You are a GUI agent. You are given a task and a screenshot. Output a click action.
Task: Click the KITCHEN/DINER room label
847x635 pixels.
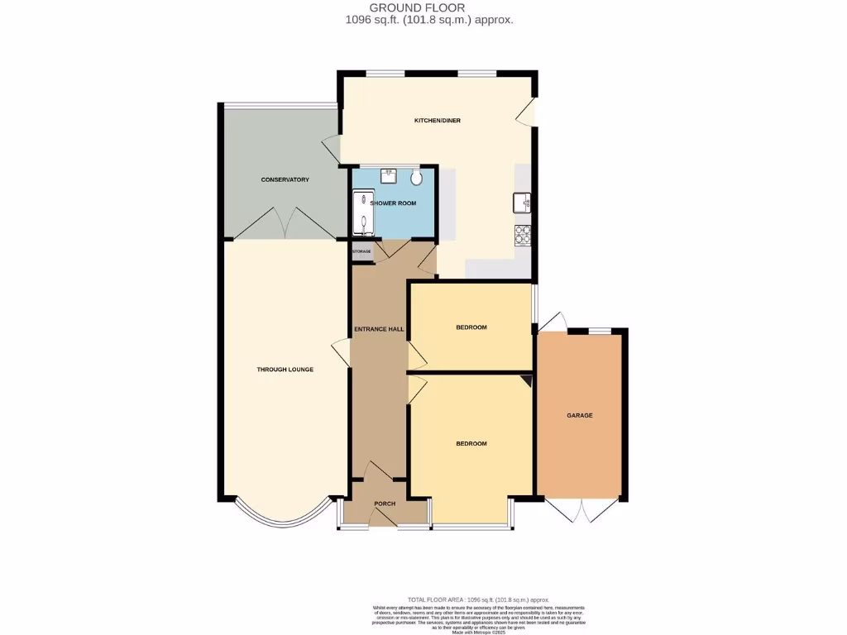(x=438, y=121)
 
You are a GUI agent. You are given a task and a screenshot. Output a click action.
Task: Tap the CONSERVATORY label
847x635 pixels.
(x=285, y=179)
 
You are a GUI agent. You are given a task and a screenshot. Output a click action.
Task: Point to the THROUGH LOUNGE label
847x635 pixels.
(x=285, y=369)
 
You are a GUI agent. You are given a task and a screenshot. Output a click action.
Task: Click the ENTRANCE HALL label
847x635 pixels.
(x=379, y=329)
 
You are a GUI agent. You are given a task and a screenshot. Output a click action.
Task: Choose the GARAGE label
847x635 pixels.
(x=579, y=415)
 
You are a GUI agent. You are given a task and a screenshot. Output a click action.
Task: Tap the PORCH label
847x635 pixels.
(x=385, y=504)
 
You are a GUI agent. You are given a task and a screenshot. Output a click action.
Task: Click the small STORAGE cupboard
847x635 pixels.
(x=361, y=251)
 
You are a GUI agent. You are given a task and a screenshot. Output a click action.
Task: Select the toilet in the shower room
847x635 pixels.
(x=416, y=176)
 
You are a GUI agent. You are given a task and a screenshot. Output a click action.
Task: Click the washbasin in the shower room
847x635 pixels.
(x=389, y=175)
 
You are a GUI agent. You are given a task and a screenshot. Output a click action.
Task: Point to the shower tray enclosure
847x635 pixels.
(x=362, y=213)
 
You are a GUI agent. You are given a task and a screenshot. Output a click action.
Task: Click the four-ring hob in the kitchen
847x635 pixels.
(x=523, y=236)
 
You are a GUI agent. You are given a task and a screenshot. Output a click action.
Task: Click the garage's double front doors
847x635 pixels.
(x=582, y=510)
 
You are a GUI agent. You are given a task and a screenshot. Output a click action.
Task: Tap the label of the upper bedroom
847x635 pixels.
(x=471, y=327)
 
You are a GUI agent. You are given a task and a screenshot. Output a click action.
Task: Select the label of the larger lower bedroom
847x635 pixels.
(x=471, y=443)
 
